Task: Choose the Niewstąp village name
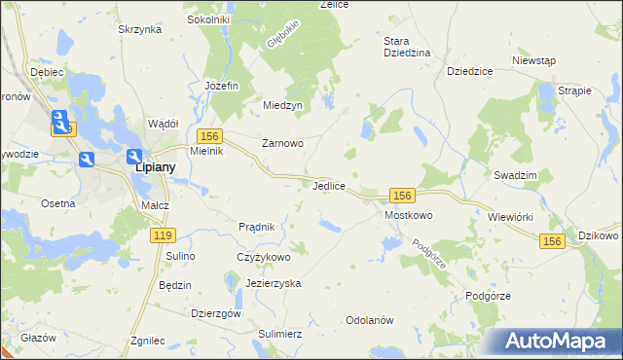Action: [533, 59]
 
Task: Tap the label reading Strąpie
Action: [576, 90]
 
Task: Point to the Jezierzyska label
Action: [274, 283]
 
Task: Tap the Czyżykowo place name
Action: [264, 257]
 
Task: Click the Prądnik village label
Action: [257, 227]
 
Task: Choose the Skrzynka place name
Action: [139, 30]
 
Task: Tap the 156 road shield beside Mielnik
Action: [209, 135]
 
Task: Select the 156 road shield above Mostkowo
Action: [405, 195]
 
